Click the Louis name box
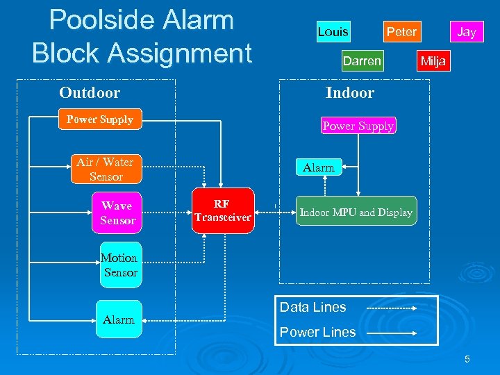333,32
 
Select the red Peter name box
401,32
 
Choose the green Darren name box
362,61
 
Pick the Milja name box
433,61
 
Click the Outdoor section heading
90,93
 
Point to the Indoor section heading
350,93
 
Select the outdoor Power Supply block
99,119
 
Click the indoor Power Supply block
358,126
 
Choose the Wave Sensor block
117,213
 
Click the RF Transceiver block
222,210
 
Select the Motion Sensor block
120,265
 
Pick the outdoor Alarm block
119,319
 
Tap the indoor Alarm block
318,167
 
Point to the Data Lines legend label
312,307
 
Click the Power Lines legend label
317,332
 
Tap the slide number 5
467,359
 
